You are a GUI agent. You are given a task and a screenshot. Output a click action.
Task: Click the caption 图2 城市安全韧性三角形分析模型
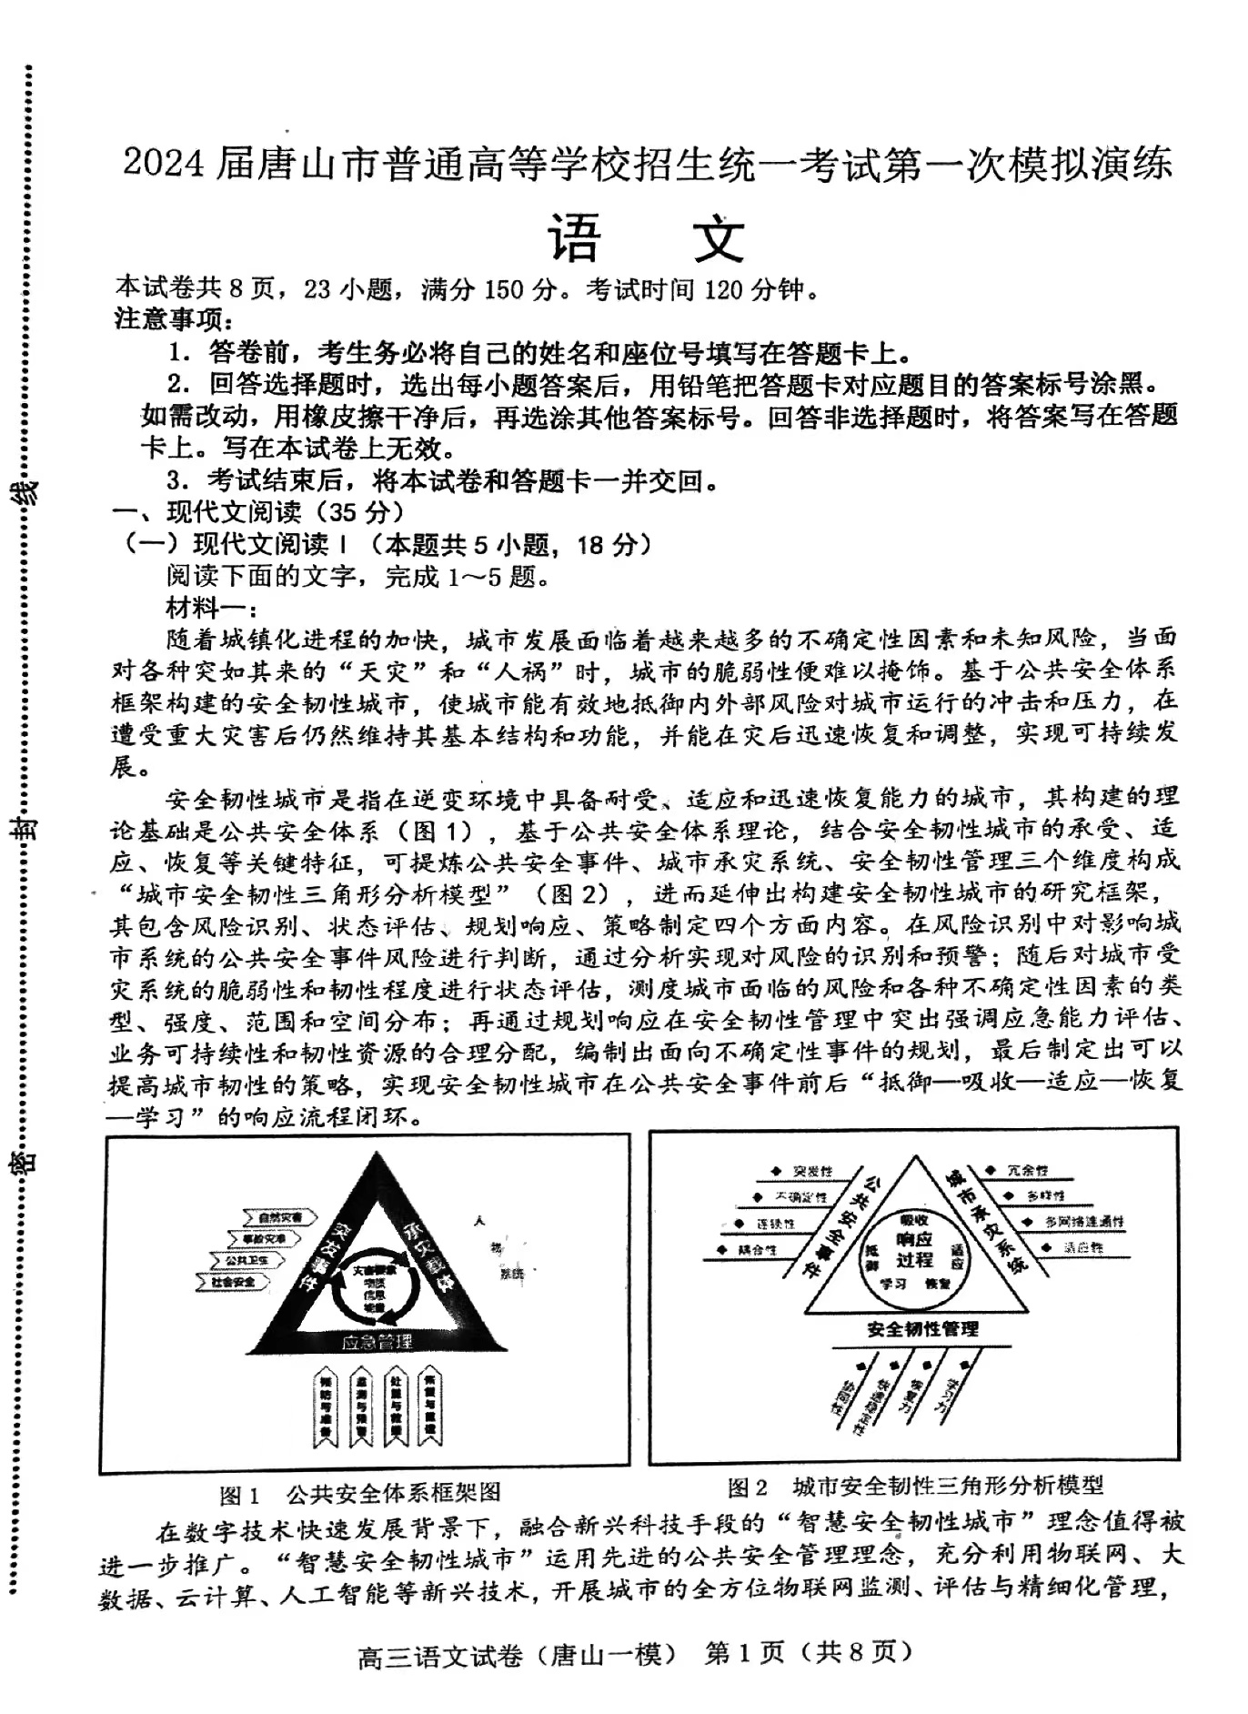pos(914,1486)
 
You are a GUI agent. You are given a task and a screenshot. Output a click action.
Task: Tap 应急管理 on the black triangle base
pos(377,1341)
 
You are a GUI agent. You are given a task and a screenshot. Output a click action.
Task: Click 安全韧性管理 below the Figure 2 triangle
pos(922,1329)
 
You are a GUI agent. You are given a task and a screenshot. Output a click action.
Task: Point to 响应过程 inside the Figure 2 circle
pos(914,1249)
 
